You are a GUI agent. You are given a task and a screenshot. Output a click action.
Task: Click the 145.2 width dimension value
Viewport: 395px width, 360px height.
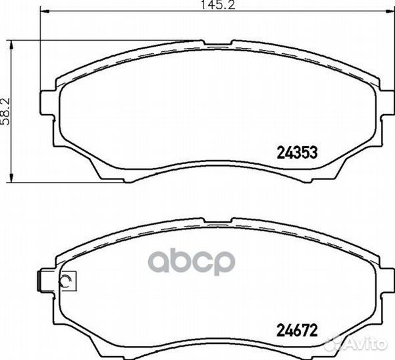coord(218,5)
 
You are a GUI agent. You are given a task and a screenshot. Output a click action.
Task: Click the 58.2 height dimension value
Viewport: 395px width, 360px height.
coord(5,111)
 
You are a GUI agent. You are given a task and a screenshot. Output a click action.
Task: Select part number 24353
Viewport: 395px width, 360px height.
coord(297,153)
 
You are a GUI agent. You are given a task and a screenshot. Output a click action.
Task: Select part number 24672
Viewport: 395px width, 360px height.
coord(297,330)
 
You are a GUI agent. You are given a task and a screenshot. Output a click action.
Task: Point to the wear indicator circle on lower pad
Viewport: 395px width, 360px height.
coord(66,281)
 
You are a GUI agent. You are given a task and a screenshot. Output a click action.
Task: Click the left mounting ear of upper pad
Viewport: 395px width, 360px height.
coord(48,103)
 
